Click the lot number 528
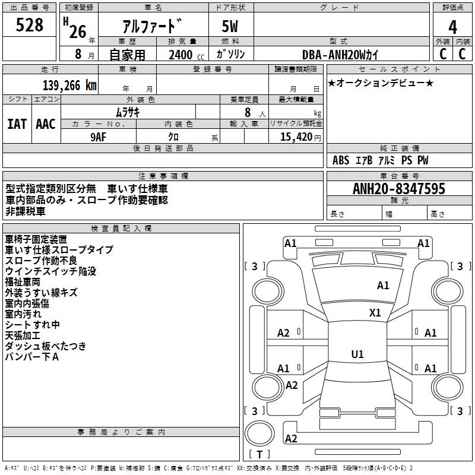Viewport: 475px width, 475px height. tap(30, 25)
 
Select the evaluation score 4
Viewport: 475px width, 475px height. tap(452, 27)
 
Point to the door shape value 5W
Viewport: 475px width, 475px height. tap(230, 27)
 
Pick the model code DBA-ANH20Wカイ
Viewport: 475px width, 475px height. tap(340, 55)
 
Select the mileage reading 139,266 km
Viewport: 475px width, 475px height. tap(69, 85)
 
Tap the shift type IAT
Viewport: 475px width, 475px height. tap(17, 124)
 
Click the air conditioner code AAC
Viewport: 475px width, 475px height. tap(46, 124)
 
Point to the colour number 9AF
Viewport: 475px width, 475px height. tap(98, 136)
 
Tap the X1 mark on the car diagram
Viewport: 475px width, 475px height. tap(375, 313)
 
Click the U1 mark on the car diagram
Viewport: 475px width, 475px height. tap(357, 354)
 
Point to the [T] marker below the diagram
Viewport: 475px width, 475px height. tap(259, 455)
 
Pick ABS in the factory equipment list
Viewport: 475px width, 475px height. tap(341, 160)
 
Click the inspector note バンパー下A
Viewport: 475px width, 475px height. tap(31, 357)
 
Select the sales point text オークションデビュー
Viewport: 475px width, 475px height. tap(381, 83)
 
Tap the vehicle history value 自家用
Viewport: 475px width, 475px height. tap(127, 55)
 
